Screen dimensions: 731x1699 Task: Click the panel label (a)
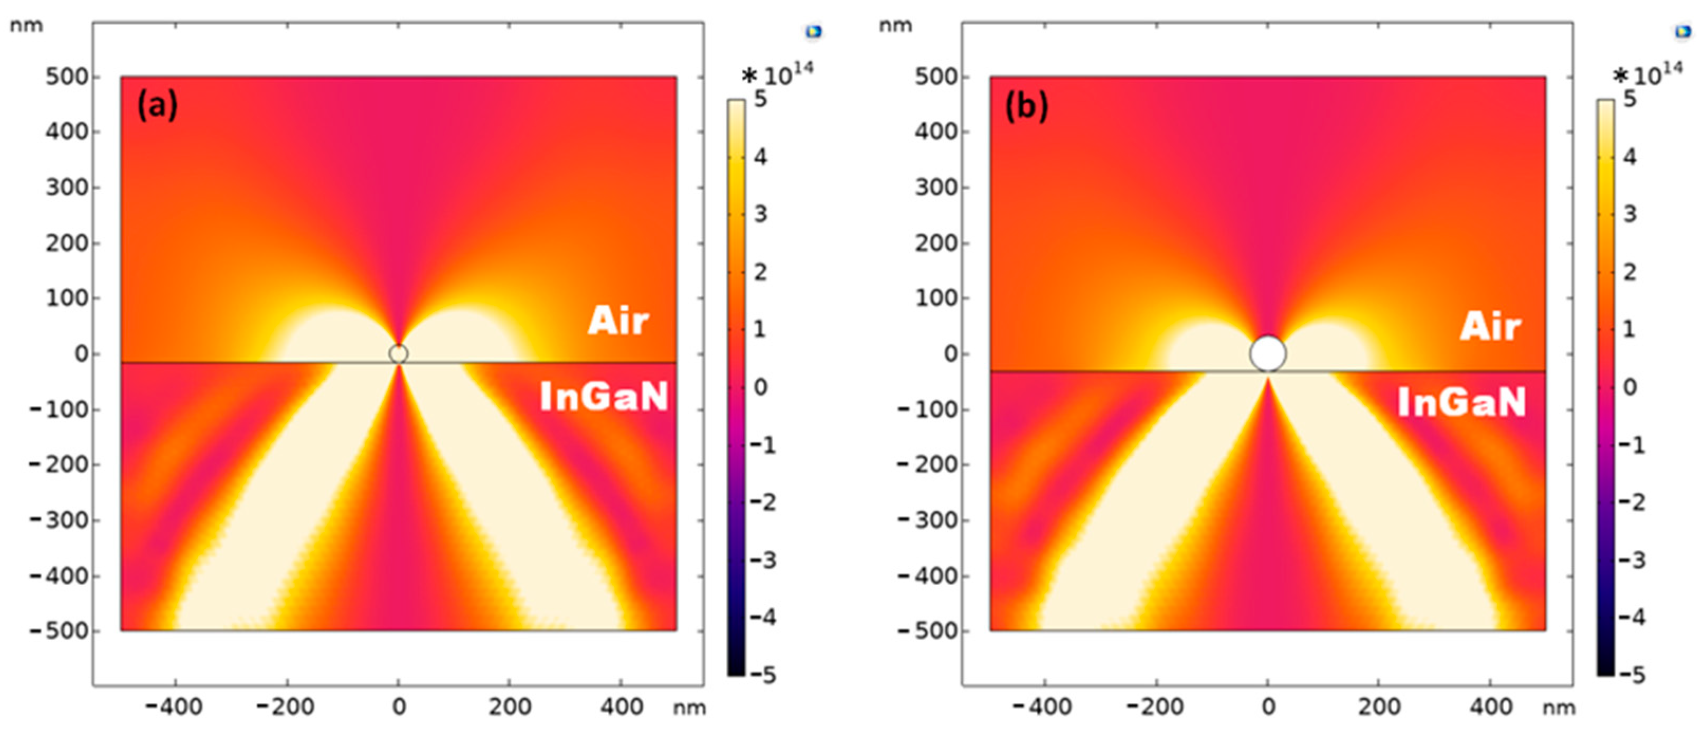pyautogui.click(x=157, y=106)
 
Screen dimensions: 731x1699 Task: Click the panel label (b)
pyautogui.click(x=1026, y=106)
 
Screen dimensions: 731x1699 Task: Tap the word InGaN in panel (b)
pyautogui.click(x=1461, y=402)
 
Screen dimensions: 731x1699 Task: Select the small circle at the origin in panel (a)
pyautogui.click(x=398, y=354)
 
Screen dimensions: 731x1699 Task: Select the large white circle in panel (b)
pyautogui.click(x=1268, y=354)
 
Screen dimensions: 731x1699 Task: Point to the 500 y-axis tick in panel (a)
pyautogui.click(x=67, y=77)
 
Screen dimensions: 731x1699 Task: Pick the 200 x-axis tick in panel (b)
pyautogui.click(x=1379, y=707)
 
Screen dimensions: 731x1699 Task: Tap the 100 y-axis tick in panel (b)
pyautogui.click(x=936, y=298)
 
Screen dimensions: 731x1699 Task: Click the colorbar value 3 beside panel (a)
pyautogui.click(x=761, y=214)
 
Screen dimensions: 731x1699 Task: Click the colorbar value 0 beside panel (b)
pyautogui.click(x=1630, y=387)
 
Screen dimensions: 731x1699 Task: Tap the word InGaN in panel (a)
pyautogui.click(x=604, y=397)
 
